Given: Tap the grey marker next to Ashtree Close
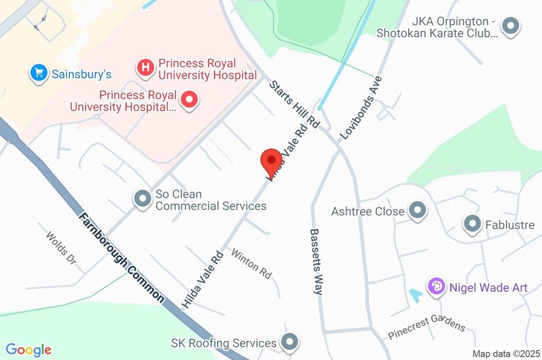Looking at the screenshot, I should pos(418,211).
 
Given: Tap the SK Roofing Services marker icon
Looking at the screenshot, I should pos(290,343).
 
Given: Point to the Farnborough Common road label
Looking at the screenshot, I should pos(122,258).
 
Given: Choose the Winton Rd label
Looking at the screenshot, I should pos(251,264).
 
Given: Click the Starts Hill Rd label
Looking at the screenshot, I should pos(294,104).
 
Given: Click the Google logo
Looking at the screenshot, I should pos(29,350).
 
